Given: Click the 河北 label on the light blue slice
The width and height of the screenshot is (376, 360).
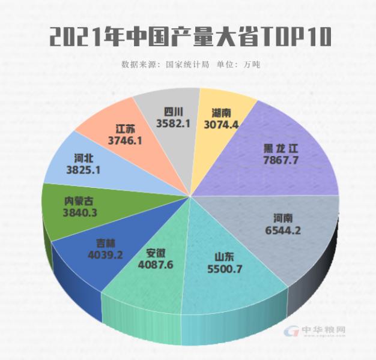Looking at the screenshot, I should pyautogui.click(x=83, y=159).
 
